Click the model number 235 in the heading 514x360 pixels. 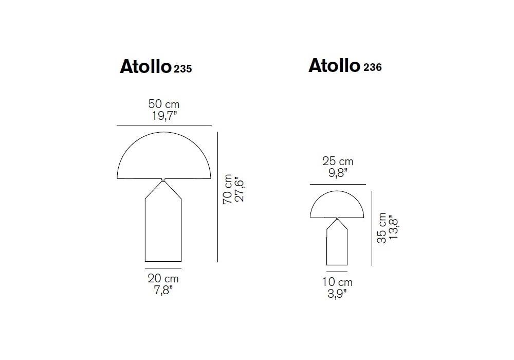(x=183, y=68)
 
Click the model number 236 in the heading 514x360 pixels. (x=372, y=67)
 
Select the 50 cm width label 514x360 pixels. (x=164, y=104)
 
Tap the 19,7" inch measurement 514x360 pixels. (x=164, y=116)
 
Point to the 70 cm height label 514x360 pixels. (x=228, y=189)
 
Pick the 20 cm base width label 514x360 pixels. (x=163, y=278)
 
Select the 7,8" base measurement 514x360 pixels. (x=163, y=290)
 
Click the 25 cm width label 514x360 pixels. (x=338, y=161)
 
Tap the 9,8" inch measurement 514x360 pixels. (x=338, y=173)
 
